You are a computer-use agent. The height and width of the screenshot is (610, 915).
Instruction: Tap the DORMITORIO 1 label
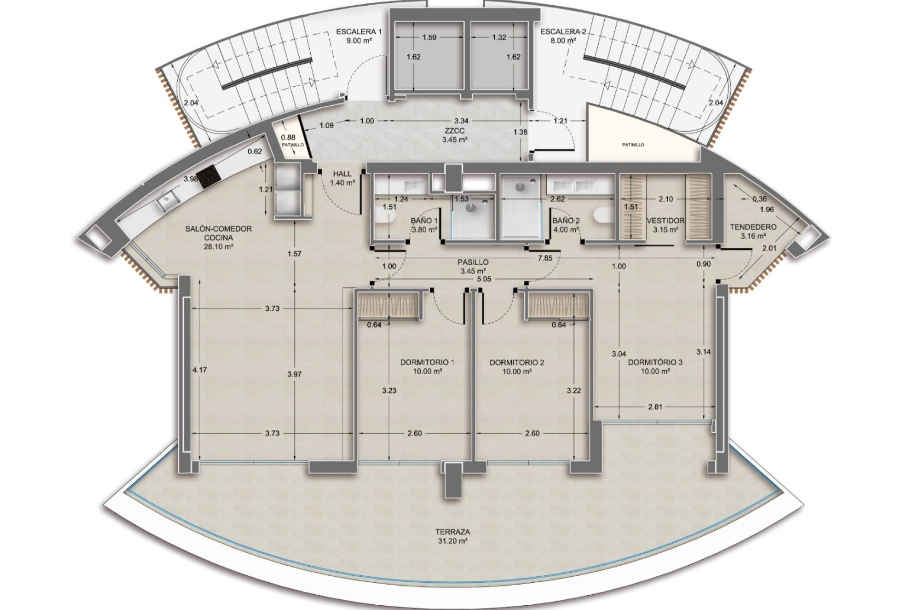coord(427,362)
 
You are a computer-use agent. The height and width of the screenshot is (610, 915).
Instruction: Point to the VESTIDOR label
coord(666,221)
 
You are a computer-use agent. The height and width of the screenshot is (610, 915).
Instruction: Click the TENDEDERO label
coord(753,227)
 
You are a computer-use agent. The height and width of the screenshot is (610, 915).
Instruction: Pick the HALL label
coord(343,174)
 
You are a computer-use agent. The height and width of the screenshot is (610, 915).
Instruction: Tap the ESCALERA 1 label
coord(359,32)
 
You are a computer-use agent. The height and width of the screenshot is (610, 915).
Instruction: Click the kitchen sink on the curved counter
coord(167,202)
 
